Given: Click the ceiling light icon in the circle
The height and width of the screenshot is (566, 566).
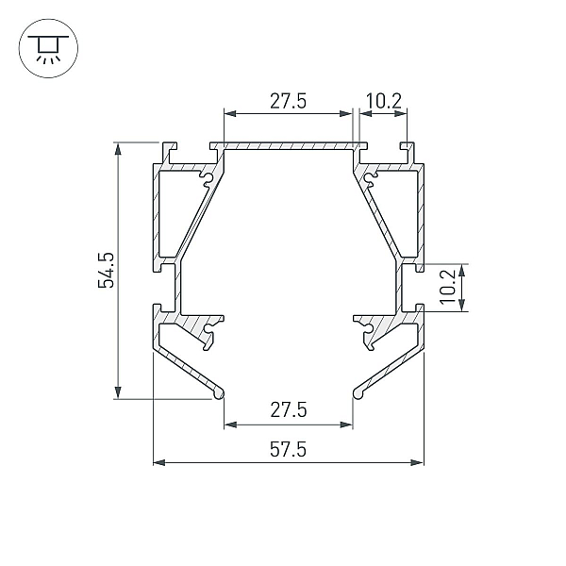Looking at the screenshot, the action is tap(48, 49).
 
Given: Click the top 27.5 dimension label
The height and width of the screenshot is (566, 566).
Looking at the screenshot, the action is tap(288, 101).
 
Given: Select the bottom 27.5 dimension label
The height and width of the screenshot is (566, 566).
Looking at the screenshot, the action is tap(289, 410).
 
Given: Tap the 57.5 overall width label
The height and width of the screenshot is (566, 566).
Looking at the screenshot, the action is tap(288, 450).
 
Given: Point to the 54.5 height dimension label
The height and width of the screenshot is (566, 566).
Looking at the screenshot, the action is tap(106, 270).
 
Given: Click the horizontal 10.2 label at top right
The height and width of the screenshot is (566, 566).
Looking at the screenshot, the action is tap(383, 101).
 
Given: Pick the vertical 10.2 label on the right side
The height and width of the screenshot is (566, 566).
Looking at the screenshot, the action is tap(448, 288).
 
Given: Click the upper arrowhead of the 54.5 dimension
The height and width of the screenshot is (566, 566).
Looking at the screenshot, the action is tap(118, 148).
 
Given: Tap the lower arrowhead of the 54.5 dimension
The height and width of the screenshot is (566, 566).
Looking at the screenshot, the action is tap(118, 392).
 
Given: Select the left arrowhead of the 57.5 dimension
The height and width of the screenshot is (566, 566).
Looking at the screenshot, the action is tap(159, 462).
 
